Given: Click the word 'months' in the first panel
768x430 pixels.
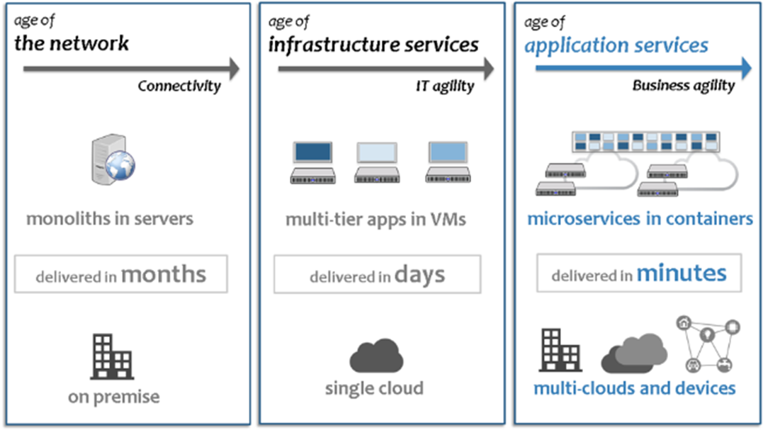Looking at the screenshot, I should pyautogui.click(x=163, y=274).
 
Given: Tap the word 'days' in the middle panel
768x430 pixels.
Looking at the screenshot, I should pyautogui.click(x=420, y=274).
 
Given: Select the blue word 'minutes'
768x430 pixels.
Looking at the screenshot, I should pyautogui.click(x=681, y=273).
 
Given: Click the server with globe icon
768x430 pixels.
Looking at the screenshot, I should pyautogui.click(x=113, y=162).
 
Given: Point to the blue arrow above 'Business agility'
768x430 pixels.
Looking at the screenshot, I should pyautogui.click(x=643, y=69).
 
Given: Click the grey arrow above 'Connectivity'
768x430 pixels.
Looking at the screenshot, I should pyautogui.click(x=131, y=69).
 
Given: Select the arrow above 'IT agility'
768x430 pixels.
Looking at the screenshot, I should pyautogui.click(x=385, y=69).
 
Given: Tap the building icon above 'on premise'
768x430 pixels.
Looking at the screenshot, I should pyautogui.click(x=111, y=356).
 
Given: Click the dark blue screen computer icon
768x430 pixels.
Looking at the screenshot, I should pyautogui.click(x=312, y=162).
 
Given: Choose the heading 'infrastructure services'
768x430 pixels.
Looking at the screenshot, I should pyautogui.click(x=373, y=45).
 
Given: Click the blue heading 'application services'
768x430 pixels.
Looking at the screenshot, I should pyautogui.click(x=616, y=46).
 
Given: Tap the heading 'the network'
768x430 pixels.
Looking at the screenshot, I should pyautogui.click(x=72, y=43).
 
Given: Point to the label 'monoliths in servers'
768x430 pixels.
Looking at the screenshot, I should pyautogui.click(x=109, y=218).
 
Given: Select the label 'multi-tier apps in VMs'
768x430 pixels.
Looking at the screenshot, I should pyautogui.click(x=375, y=219).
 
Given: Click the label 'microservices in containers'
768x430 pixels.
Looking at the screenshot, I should pyautogui.click(x=640, y=218).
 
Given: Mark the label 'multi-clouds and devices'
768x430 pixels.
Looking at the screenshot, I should pyautogui.click(x=634, y=388).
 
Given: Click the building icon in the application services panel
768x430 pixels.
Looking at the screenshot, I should pyautogui.click(x=560, y=350).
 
